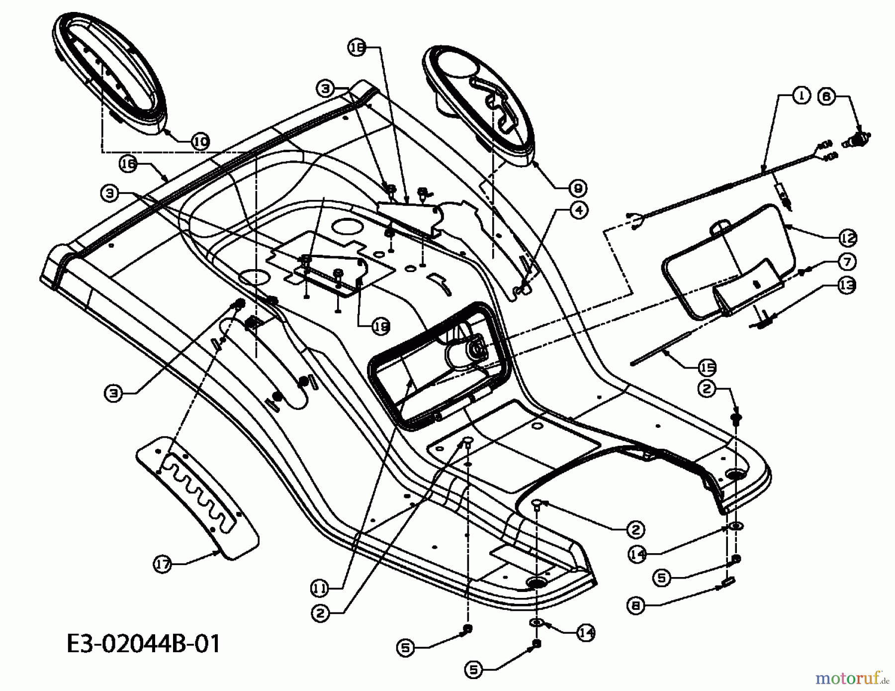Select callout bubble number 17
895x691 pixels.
coord(163,565)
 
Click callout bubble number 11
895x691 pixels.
coord(320,589)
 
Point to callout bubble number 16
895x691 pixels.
coord(129,164)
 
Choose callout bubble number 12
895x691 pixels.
coord(848,238)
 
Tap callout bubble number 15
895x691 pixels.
coord(707,368)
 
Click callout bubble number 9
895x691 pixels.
coord(578,188)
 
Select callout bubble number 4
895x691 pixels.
coord(579,210)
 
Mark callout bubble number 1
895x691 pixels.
coord(801,97)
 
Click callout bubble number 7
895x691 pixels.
coord(847,261)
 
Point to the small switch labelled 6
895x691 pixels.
coord(856,139)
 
